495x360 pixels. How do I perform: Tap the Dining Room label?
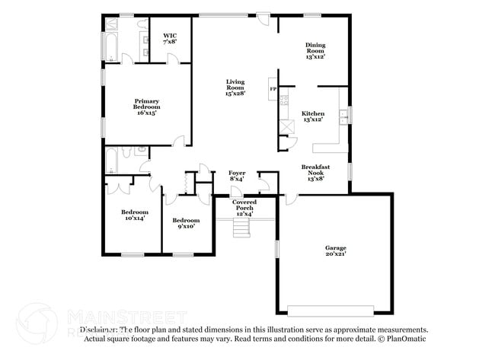pos(315,48)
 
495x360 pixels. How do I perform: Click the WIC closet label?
pos(170,36)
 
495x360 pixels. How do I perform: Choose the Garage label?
pos(336,248)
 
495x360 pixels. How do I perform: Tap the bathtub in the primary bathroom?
pos(110,45)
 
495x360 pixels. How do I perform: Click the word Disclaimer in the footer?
pos(101,330)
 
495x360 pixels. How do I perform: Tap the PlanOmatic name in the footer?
pos(408,339)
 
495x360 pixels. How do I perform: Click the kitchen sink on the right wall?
pos(344,116)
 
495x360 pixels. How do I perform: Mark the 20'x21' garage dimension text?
pos(336,255)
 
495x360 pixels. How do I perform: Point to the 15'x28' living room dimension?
pos(235,94)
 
